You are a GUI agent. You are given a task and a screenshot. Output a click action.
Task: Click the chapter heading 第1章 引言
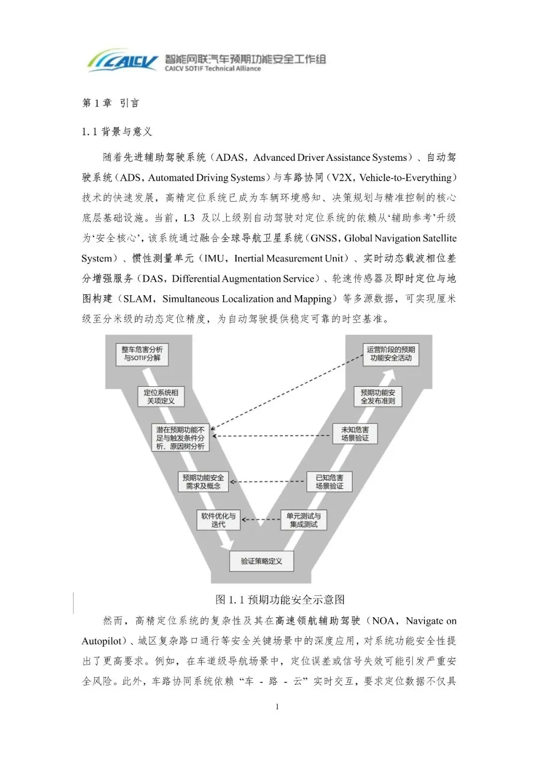(111, 103)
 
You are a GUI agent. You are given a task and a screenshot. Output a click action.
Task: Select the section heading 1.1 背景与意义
(117, 132)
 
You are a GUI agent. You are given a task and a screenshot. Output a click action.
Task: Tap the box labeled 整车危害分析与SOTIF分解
(142, 354)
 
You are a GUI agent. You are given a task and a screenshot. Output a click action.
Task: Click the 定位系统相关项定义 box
(161, 397)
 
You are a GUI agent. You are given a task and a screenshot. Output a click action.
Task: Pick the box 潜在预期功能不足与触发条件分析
(180, 438)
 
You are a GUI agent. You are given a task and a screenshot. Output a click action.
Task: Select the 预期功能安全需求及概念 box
(203, 482)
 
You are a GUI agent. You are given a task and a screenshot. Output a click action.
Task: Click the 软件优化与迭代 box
(218, 520)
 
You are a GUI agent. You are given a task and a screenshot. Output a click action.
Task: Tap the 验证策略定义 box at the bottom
(262, 561)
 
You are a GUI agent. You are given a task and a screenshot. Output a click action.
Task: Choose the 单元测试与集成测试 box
(304, 520)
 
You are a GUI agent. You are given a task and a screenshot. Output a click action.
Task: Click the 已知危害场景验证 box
(329, 482)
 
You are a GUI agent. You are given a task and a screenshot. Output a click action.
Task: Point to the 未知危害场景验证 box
(355, 434)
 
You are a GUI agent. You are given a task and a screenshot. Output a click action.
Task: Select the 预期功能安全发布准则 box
(378, 397)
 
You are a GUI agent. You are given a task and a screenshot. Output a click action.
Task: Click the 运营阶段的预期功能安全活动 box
(391, 354)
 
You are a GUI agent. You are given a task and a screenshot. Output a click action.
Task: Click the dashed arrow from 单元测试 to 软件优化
(261, 520)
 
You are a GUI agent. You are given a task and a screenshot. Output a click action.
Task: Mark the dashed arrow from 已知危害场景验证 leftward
(268, 482)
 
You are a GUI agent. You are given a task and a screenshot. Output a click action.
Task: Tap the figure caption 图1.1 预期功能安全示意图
(280, 600)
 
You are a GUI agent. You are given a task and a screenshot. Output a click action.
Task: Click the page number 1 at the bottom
(277, 707)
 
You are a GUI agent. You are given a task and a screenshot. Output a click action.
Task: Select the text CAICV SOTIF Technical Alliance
(213, 69)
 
